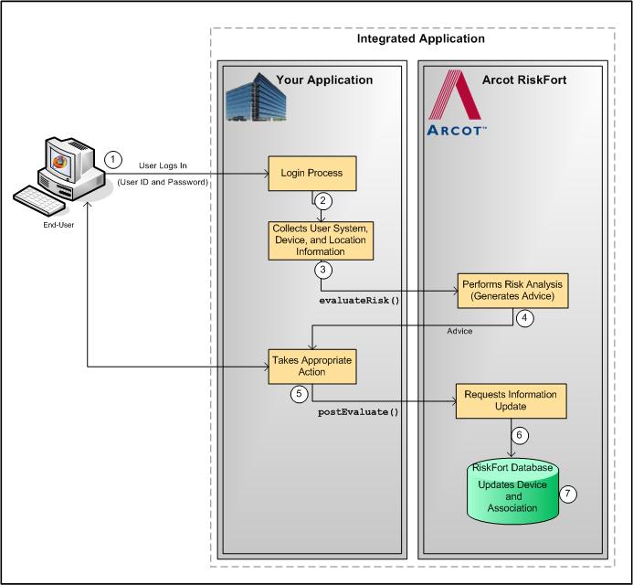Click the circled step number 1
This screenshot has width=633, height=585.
[112, 159]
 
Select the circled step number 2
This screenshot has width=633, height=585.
[322, 201]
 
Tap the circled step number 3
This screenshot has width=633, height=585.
[322, 271]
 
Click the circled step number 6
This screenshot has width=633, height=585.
[519, 436]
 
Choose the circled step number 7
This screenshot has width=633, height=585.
[568, 493]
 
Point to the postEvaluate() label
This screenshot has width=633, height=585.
[359, 412]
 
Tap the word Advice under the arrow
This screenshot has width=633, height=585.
[459, 331]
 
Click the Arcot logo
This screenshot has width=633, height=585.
[458, 104]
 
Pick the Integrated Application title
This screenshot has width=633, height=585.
[420, 39]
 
